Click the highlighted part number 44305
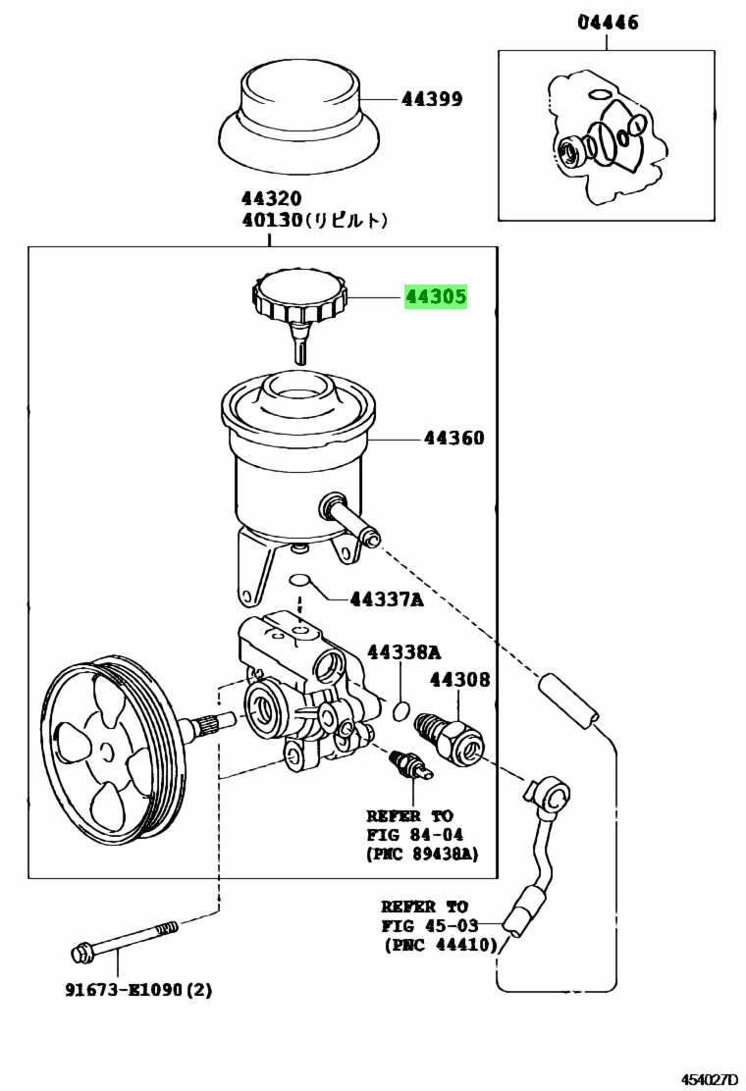coord(437,297)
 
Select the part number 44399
coord(432,99)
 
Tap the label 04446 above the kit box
coord(608,23)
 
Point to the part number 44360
coord(454,439)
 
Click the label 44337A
coord(386,599)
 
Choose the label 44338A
coord(403,652)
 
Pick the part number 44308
coord(460,680)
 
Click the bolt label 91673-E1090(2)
coord(138,989)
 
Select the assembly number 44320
coord(271,198)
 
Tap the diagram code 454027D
coord(709,1079)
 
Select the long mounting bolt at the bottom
coord(125,940)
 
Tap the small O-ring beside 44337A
coord(299,580)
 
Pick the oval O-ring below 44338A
coord(400,710)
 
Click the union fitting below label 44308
coord(449,738)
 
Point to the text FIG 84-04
coord(415,834)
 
